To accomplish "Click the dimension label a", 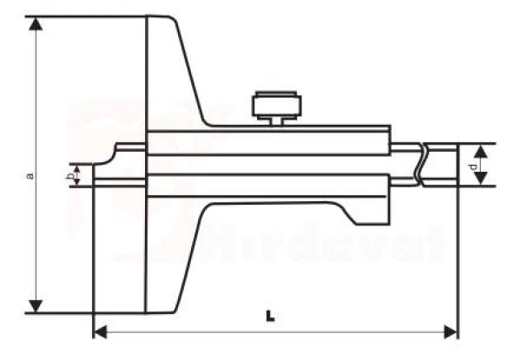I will coord(30,175).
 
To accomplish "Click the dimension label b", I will coord(69,176).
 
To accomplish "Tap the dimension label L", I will coord(271,317).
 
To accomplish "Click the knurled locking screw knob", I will coord(275,106).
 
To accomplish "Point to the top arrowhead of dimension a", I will coord(36,23).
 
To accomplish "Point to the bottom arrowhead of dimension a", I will coord(36,305).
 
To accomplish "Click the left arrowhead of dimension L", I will coord(99,331).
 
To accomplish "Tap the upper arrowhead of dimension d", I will coord(480,150).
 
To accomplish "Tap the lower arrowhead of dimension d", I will coord(480,180).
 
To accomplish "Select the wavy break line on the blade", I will coord(420,165).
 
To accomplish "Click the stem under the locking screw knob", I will coord(276,121).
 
